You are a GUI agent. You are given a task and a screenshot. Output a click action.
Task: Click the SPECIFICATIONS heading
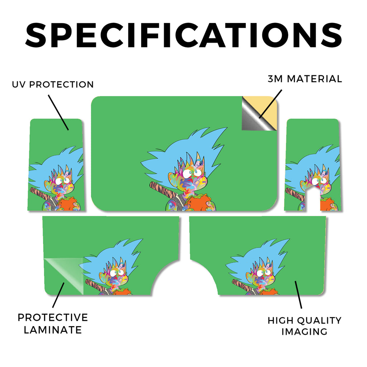pyautogui.click(x=183, y=35)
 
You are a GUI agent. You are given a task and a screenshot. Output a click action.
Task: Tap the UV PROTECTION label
pyautogui.click(x=53, y=85)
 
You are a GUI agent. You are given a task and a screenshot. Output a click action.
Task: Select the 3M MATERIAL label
pyautogui.click(x=305, y=79)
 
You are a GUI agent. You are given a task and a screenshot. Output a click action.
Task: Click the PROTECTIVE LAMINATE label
pyautogui.click(x=53, y=324)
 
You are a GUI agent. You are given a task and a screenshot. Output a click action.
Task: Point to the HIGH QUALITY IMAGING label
pyautogui.click(x=305, y=326)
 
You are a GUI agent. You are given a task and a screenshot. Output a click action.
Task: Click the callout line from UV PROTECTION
pyautogui.click(x=58, y=112)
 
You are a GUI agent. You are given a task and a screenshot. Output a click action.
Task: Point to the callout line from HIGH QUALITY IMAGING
pyautogui.click(x=299, y=295)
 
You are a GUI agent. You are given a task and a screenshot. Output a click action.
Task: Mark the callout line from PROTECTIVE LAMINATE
pyautogui.click(x=58, y=295)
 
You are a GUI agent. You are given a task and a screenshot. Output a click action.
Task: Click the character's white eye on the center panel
pyautogui.click(x=187, y=174)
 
